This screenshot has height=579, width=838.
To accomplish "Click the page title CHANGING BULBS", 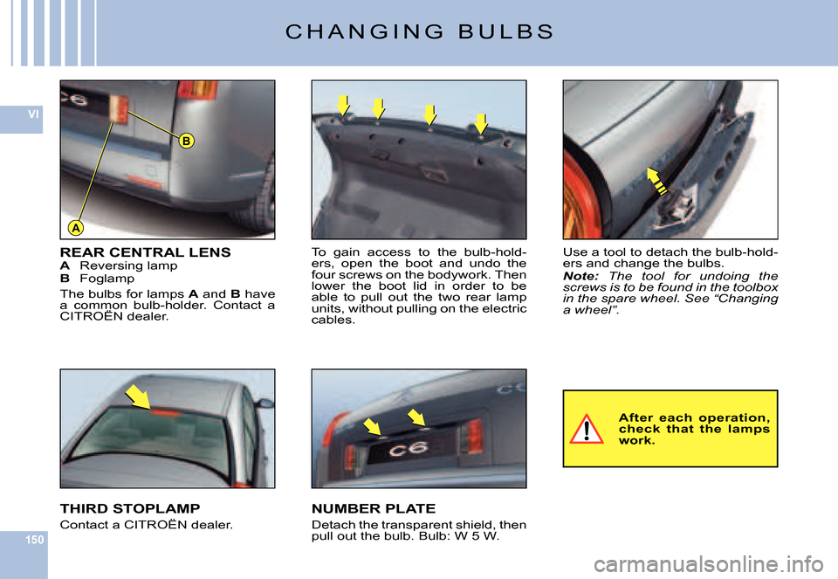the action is point(420,31).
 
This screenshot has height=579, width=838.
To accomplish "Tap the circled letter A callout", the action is point(77,228).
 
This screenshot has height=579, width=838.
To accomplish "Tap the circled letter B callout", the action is point(186,141).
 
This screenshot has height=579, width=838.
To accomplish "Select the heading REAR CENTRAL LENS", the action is point(146,252).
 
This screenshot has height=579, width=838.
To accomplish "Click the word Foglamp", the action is point(106,279).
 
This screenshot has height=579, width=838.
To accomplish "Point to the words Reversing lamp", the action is point(128,265).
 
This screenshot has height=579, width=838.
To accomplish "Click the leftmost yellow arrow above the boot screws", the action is point(343,106).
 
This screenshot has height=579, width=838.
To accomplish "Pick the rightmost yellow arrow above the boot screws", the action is point(481,123).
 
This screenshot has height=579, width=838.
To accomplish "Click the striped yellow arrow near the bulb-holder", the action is point(656,181).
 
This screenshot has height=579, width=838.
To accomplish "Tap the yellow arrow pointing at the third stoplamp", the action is point(139,397).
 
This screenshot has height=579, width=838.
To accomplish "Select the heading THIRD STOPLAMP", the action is point(130,508).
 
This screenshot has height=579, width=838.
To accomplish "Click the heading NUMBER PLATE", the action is point(374,508).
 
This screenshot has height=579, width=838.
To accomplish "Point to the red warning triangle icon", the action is point(587,430).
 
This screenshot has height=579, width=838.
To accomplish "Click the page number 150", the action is point(35,540).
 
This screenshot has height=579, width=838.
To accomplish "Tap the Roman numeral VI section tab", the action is point(33,114).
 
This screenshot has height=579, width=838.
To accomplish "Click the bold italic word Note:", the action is point(580,277).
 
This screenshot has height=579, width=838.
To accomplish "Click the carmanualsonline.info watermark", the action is point(709,564).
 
